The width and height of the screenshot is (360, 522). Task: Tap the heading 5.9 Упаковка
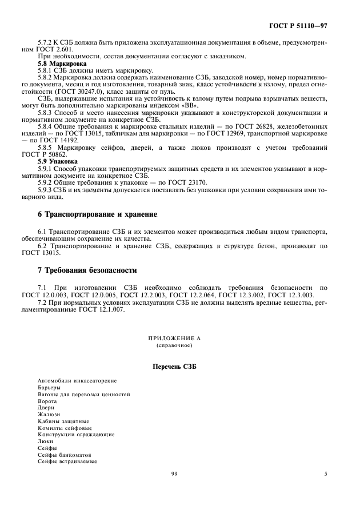point(57,161)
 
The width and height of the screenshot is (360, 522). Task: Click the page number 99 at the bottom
point(175,473)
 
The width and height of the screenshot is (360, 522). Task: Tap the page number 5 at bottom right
point(326,473)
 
